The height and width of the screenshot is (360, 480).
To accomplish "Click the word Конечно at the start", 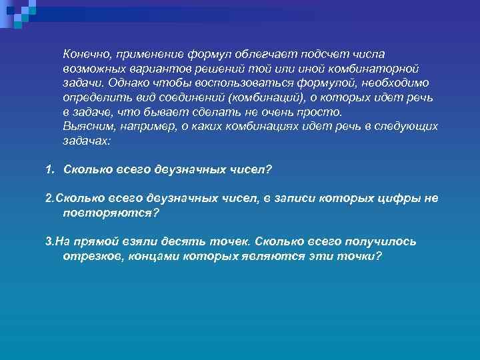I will [86, 53].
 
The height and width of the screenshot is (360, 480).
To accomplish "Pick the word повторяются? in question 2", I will [111, 213].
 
